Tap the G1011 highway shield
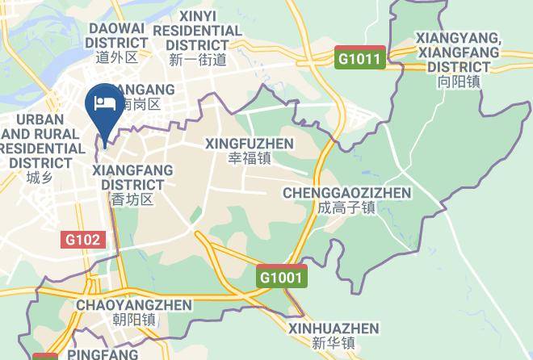point(359,59)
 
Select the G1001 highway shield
point(282,277)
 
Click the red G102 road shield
point(83,239)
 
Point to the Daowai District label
point(116,36)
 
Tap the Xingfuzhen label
point(250,143)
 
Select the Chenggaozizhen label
point(346,193)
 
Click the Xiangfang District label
point(128,178)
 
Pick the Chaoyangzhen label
point(133,305)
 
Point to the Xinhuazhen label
point(334,329)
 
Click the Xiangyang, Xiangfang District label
point(458,52)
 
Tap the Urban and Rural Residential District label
point(40,141)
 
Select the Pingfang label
point(103,354)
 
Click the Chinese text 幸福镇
point(250,158)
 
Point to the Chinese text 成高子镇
point(346,207)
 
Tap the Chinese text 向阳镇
point(458,82)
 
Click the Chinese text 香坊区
point(132,199)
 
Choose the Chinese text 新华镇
point(334,343)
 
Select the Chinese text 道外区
point(116,57)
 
